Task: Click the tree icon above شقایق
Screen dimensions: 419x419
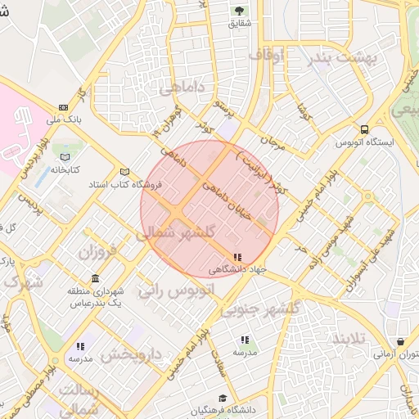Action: (240, 11)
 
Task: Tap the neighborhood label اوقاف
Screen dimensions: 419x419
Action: (266, 56)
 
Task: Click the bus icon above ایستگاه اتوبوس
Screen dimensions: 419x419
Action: (364, 128)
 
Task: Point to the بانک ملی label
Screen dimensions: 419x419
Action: (64, 119)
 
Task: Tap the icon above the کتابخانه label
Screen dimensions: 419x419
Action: (65, 157)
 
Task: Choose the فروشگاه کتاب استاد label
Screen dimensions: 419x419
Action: (127, 184)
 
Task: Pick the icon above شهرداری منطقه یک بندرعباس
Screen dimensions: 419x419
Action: (97, 278)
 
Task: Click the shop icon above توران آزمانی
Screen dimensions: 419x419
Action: (400, 342)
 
